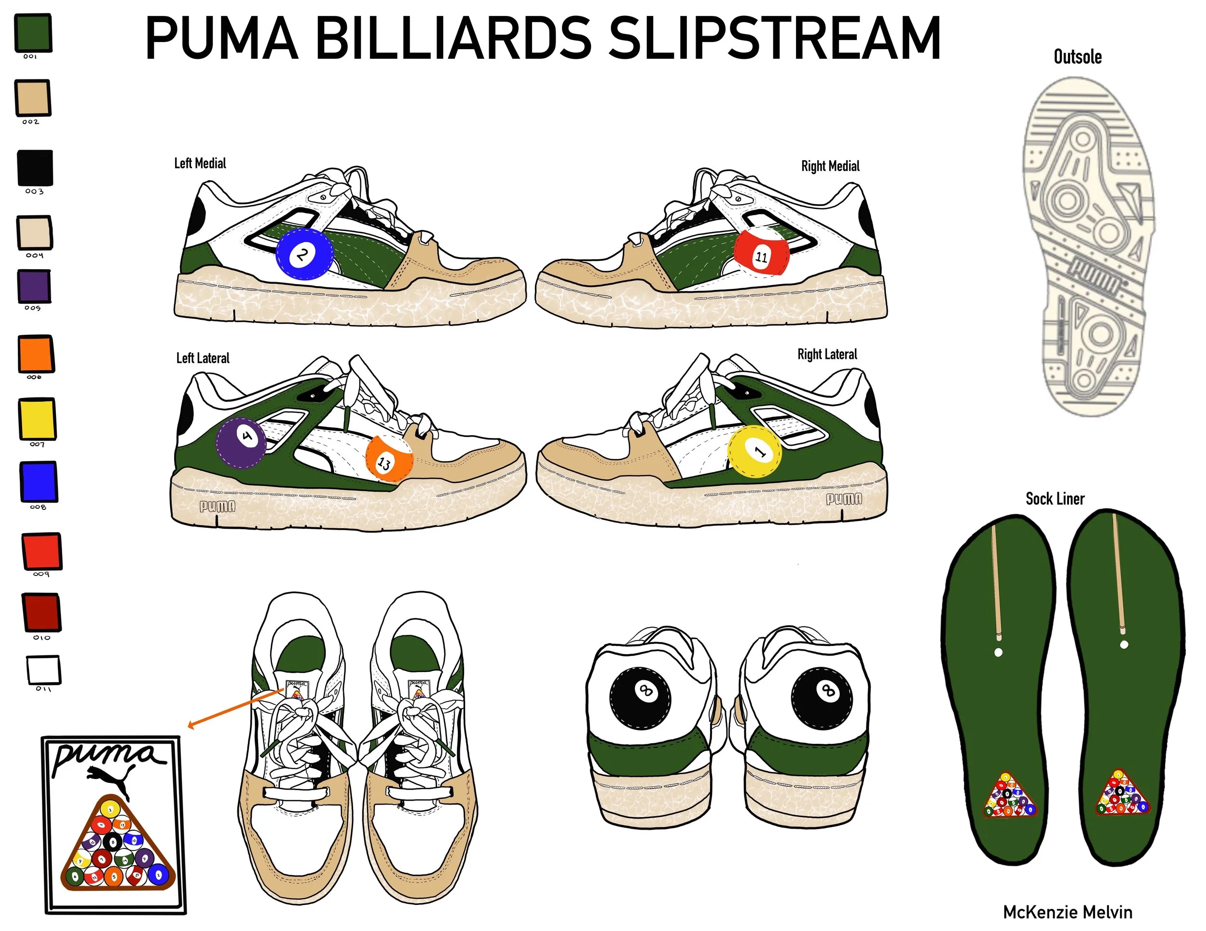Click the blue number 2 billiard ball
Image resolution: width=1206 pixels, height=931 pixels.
click(x=304, y=255)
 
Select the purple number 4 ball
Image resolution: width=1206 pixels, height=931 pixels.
click(x=241, y=443)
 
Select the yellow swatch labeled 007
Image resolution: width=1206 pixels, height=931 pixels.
click(x=37, y=418)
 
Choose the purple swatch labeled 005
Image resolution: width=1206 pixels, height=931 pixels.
click(x=34, y=286)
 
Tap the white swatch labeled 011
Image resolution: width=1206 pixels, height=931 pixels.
click(x=43, y=670)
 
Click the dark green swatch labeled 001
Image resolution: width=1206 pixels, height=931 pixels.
click(x=33, y=33)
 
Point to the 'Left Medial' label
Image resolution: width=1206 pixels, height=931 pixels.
click(x=200, y=164)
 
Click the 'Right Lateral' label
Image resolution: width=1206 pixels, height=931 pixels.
click(x=827, y=355)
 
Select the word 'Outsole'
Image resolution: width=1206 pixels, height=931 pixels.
click(x=1077, y=57)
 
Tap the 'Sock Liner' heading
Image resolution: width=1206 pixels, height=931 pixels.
click(x=1055, y=499)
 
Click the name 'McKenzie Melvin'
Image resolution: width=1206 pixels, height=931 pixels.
click(x=1067, y=912)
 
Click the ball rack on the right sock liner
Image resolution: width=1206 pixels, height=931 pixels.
click(x=1122, y=794)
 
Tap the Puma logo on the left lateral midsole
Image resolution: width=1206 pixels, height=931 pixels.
click(x=217, y=506)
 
